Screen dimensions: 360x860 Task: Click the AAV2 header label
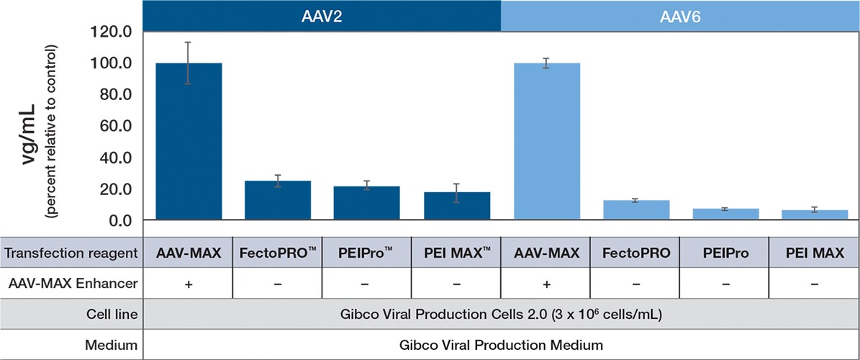pyautogui.click(x=322, y=16)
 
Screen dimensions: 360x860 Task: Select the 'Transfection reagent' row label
pyautogui.click(x=71, y=253)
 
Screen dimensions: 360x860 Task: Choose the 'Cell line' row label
pyautogui.click(x=115, y=315)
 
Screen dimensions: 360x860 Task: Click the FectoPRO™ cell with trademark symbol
pyautogui.click(x=278, y=253)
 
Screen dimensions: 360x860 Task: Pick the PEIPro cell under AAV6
pyautogui.click(x=725, y=253)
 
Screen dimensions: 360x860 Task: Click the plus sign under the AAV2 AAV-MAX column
pyautogui.click(x=189, y=284)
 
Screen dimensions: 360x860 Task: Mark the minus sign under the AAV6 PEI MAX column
pyautogui.click(x=814, y=284)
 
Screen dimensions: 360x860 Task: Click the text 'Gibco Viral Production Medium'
pyautogui.click(x=501, y=345)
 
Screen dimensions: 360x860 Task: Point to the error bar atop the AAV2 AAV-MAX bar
pyautogui.click(x=189, y=63)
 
